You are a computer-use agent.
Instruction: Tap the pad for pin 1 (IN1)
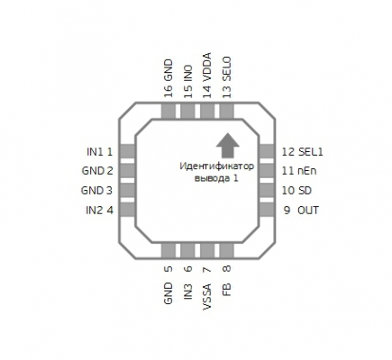pos(127,151)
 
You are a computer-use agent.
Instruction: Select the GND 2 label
pos(97,171)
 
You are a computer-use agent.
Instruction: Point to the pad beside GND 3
pos(127,190)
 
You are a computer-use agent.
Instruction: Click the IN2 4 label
pos(99,211)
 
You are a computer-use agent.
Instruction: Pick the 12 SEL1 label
pos(302,152)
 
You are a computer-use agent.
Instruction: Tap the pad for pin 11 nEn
pos(267,171)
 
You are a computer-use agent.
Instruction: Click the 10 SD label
pos(296,191)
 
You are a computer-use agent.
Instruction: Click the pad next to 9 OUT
pos(267,210)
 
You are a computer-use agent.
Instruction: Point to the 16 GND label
pos(169,78)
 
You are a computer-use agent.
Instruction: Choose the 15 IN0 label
pos(188,81)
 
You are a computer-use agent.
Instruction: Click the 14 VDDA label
pos(207,76)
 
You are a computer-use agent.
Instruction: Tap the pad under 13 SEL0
pos(227,111)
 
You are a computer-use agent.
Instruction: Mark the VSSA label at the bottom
pos(207,296)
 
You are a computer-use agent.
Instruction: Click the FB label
pos(227,290)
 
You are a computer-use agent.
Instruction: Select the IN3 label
pos(188,291)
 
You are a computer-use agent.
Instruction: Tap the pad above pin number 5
pos(169,250)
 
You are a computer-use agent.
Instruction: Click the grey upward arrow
pos(228,146)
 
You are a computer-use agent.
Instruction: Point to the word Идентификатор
pos(216,166)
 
